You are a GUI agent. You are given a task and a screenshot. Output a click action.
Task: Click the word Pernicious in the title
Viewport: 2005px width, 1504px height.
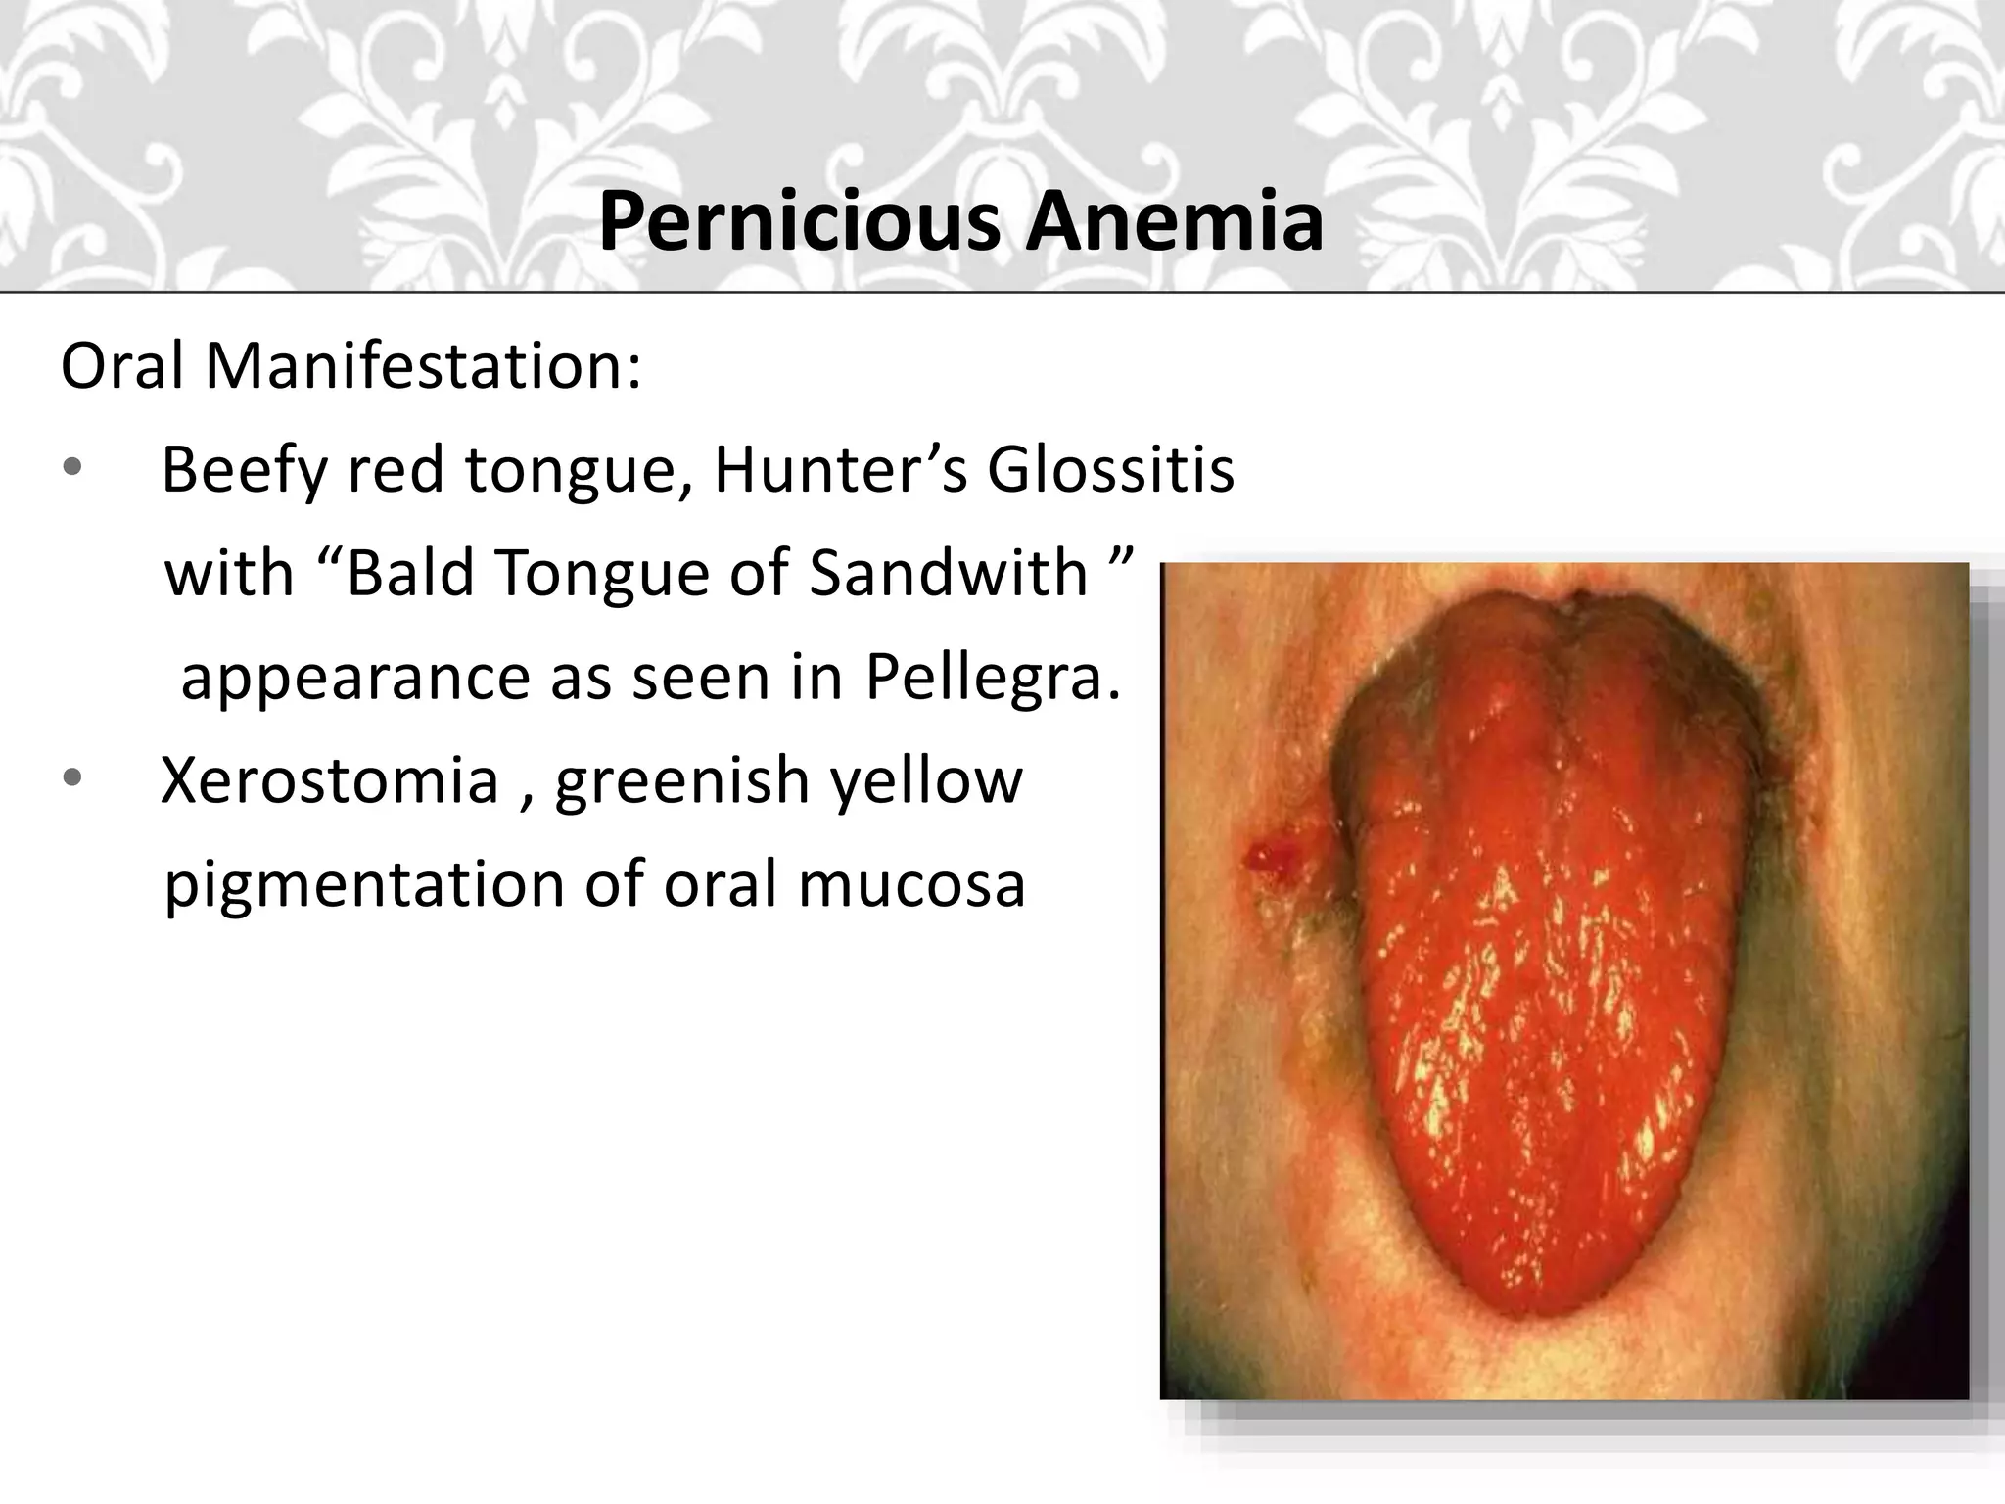[x=799, y=223]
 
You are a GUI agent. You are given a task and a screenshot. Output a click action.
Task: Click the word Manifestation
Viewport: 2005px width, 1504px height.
[x=423, y=366]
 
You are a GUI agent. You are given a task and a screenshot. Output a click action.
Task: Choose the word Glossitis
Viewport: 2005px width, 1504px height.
[x=1110, y=470]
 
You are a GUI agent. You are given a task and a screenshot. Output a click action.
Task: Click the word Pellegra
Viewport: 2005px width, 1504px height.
[x=992, y=678]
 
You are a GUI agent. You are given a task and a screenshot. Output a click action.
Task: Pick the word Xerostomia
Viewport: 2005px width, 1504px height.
[x=330, y=780]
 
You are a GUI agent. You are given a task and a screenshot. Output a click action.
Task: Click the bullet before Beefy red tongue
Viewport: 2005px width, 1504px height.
[x=72, y=470]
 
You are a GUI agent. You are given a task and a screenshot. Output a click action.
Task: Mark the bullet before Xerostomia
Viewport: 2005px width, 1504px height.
[x=72, y=780]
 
